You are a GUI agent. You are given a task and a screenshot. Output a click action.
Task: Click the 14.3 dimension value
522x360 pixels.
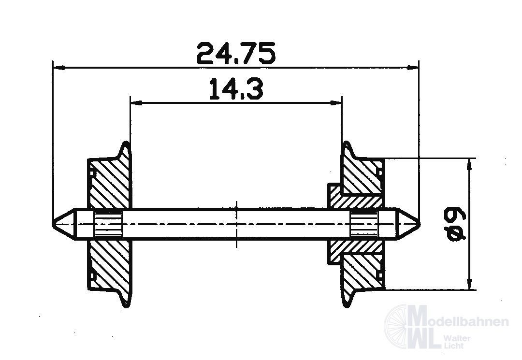236,90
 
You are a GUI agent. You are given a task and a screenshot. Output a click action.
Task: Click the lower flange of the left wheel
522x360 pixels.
125,298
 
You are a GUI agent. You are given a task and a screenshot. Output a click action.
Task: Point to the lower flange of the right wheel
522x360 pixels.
348,298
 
